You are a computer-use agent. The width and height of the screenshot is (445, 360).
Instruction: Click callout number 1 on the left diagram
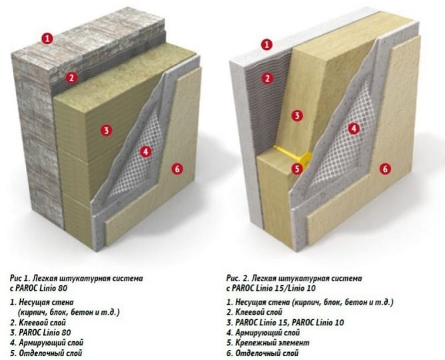click(x=48, y=39)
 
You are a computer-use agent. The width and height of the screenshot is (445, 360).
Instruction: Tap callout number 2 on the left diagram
click(x=71, y=77)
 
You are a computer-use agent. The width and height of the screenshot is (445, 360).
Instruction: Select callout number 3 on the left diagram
click(x=107, y=130)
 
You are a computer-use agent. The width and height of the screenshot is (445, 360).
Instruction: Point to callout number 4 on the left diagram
click(x=146, y=152)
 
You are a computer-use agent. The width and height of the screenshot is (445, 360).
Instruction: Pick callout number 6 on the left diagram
click(x=177, y=169)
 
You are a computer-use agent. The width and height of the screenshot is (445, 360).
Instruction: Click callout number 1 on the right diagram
click(x=266, y=45)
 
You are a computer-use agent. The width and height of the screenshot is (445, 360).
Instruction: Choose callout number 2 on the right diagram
click(x=267, y=79)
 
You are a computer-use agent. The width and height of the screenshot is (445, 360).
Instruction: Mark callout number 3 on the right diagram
click(x=297, y=115)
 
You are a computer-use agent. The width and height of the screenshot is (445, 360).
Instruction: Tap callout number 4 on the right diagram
click(x=354, y=129)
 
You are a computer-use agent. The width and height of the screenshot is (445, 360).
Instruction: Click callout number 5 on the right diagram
click(x=297, y=169)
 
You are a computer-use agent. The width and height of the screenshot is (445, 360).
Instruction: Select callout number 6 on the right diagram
click(x=385, y=169)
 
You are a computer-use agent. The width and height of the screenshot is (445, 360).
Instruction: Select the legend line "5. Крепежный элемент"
click(x=268, y=343)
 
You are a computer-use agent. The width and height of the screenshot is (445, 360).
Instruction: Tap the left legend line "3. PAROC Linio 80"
click(x=40, y=332)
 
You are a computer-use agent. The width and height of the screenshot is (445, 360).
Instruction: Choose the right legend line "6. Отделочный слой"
click(x=262, y=353)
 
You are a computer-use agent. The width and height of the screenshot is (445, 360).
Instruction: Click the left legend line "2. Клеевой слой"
click(x=38, y=323)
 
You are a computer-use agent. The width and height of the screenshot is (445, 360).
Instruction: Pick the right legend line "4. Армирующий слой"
click(x=263, y=333)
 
